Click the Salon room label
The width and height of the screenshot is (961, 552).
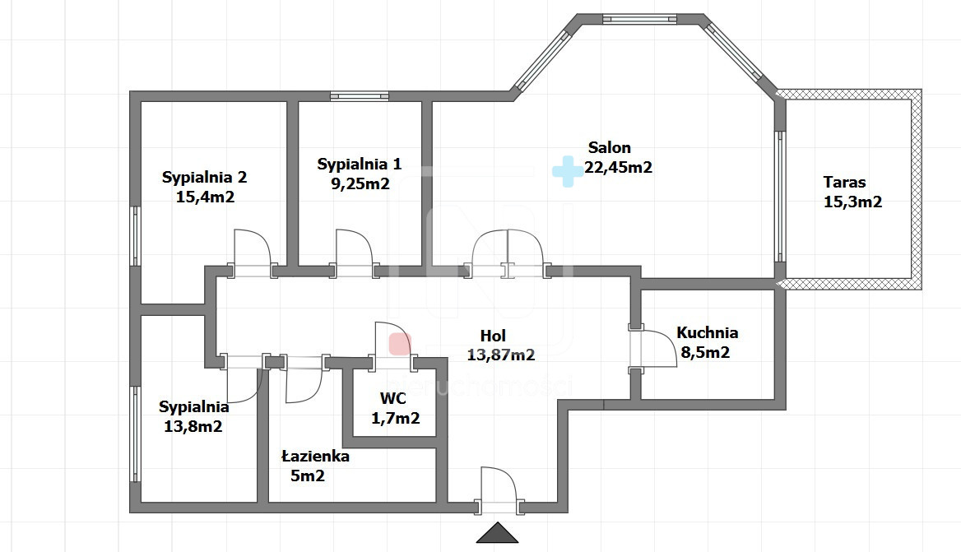click(609, 147)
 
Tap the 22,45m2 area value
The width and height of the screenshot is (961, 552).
click(618, 167)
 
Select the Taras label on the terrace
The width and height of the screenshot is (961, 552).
click(844, 182)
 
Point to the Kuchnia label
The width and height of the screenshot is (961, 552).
click(708, 332)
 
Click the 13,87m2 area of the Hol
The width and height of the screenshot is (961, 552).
click(501, 355)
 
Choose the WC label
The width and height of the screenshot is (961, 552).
click(392, 398)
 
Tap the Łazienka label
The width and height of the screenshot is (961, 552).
click(316, 456)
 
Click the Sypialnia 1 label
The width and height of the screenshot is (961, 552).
click(360, 165)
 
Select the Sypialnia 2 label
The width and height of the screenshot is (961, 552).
click(204, 178)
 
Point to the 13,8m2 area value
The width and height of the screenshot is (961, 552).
click(193, 426)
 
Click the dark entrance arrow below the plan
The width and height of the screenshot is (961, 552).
click(498, 532)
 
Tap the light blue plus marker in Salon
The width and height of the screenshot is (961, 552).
click(568, 172)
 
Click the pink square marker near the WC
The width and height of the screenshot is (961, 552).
click(400, 344)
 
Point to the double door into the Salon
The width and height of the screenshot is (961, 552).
click(507, 253)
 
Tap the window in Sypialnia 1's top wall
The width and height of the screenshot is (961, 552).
click(360, 96)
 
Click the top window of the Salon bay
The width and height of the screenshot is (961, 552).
click(639, 18)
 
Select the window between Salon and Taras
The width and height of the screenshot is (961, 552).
click(780, 196)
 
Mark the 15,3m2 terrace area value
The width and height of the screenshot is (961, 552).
click(852, 202)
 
